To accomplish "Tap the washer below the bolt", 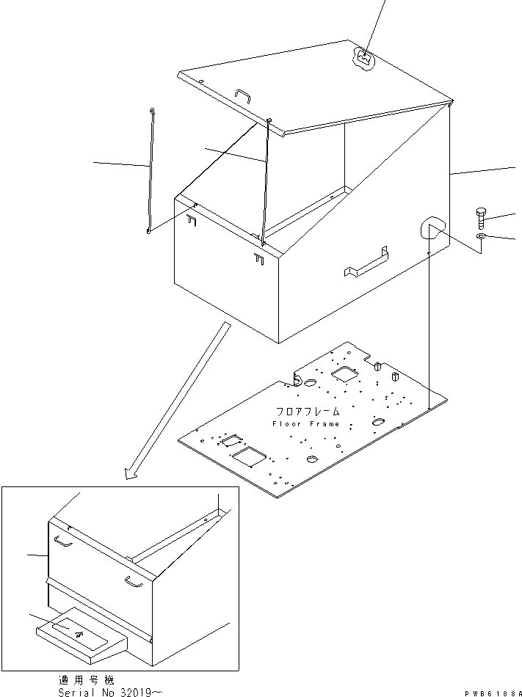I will [x=481, y=236].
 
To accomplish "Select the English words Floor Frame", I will [x=306, y=424].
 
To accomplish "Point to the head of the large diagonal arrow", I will [x=133, y=474].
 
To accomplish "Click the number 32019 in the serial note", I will [x=140, y=692].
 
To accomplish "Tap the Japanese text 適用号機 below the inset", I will [x=86, y=680].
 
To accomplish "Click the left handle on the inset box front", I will [x=63, y=541].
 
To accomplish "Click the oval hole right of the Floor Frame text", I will [x=379, y=422].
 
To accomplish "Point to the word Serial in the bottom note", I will [x=76, y=692].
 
